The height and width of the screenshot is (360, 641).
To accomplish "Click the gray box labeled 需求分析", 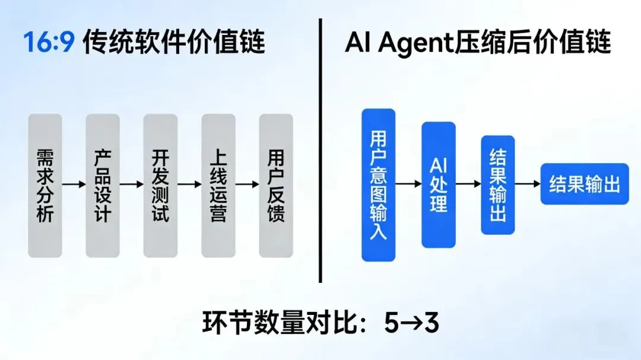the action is [x=45, y=185].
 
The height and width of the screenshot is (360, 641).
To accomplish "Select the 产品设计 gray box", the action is [x=103, y=185].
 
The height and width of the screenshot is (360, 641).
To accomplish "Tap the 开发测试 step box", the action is [x=160, y=185].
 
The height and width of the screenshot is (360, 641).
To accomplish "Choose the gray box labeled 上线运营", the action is [x=218, y=185].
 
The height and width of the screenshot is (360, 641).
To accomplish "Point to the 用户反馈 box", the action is [x=276, y=185].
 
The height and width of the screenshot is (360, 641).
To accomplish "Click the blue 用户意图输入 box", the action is [x=379, y=184].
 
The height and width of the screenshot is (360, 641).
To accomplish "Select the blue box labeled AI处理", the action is [x=439, y=184].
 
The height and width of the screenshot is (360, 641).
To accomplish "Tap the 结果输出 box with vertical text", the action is [x=498, y=184].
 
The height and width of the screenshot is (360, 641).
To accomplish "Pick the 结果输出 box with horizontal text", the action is [x=585, y=184].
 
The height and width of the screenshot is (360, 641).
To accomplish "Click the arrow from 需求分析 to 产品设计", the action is [x=74, y=184].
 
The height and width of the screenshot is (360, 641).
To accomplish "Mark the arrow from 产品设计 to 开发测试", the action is [x=132, y=184].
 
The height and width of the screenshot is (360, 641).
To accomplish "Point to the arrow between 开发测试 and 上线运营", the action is [x=189, y=184].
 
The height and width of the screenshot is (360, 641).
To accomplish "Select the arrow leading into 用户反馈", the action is [x=247, y=184].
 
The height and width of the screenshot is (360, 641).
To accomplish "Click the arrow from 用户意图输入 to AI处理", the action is [x=409, y=184].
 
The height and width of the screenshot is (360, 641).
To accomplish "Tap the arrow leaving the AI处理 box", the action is [x=468, y=184].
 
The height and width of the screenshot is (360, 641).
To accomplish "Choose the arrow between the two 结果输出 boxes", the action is [x=528, y=184].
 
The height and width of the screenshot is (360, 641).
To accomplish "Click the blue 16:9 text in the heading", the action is [x=49, y=43].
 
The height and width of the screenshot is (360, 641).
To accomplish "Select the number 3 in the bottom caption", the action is [x=431, y=323].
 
